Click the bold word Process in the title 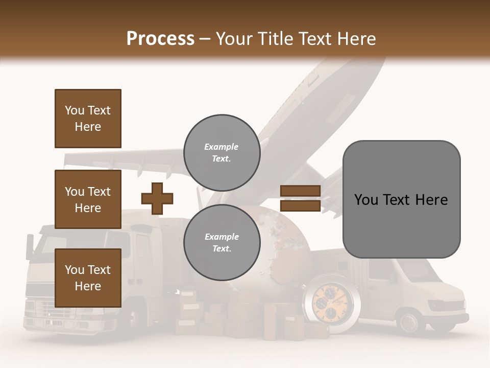click(x=160, y=39)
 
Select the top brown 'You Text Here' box click(x=88, y=119)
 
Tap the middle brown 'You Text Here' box click(x=88, y=199)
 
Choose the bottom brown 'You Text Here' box click(x=88, y=278)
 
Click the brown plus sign click(x=157, y=198)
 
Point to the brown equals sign click(x=300, y=198)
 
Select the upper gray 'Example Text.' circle click(x=222, y=152)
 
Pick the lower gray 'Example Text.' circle click(x=222, y=242)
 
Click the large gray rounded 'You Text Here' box click(x=401, y=199)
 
